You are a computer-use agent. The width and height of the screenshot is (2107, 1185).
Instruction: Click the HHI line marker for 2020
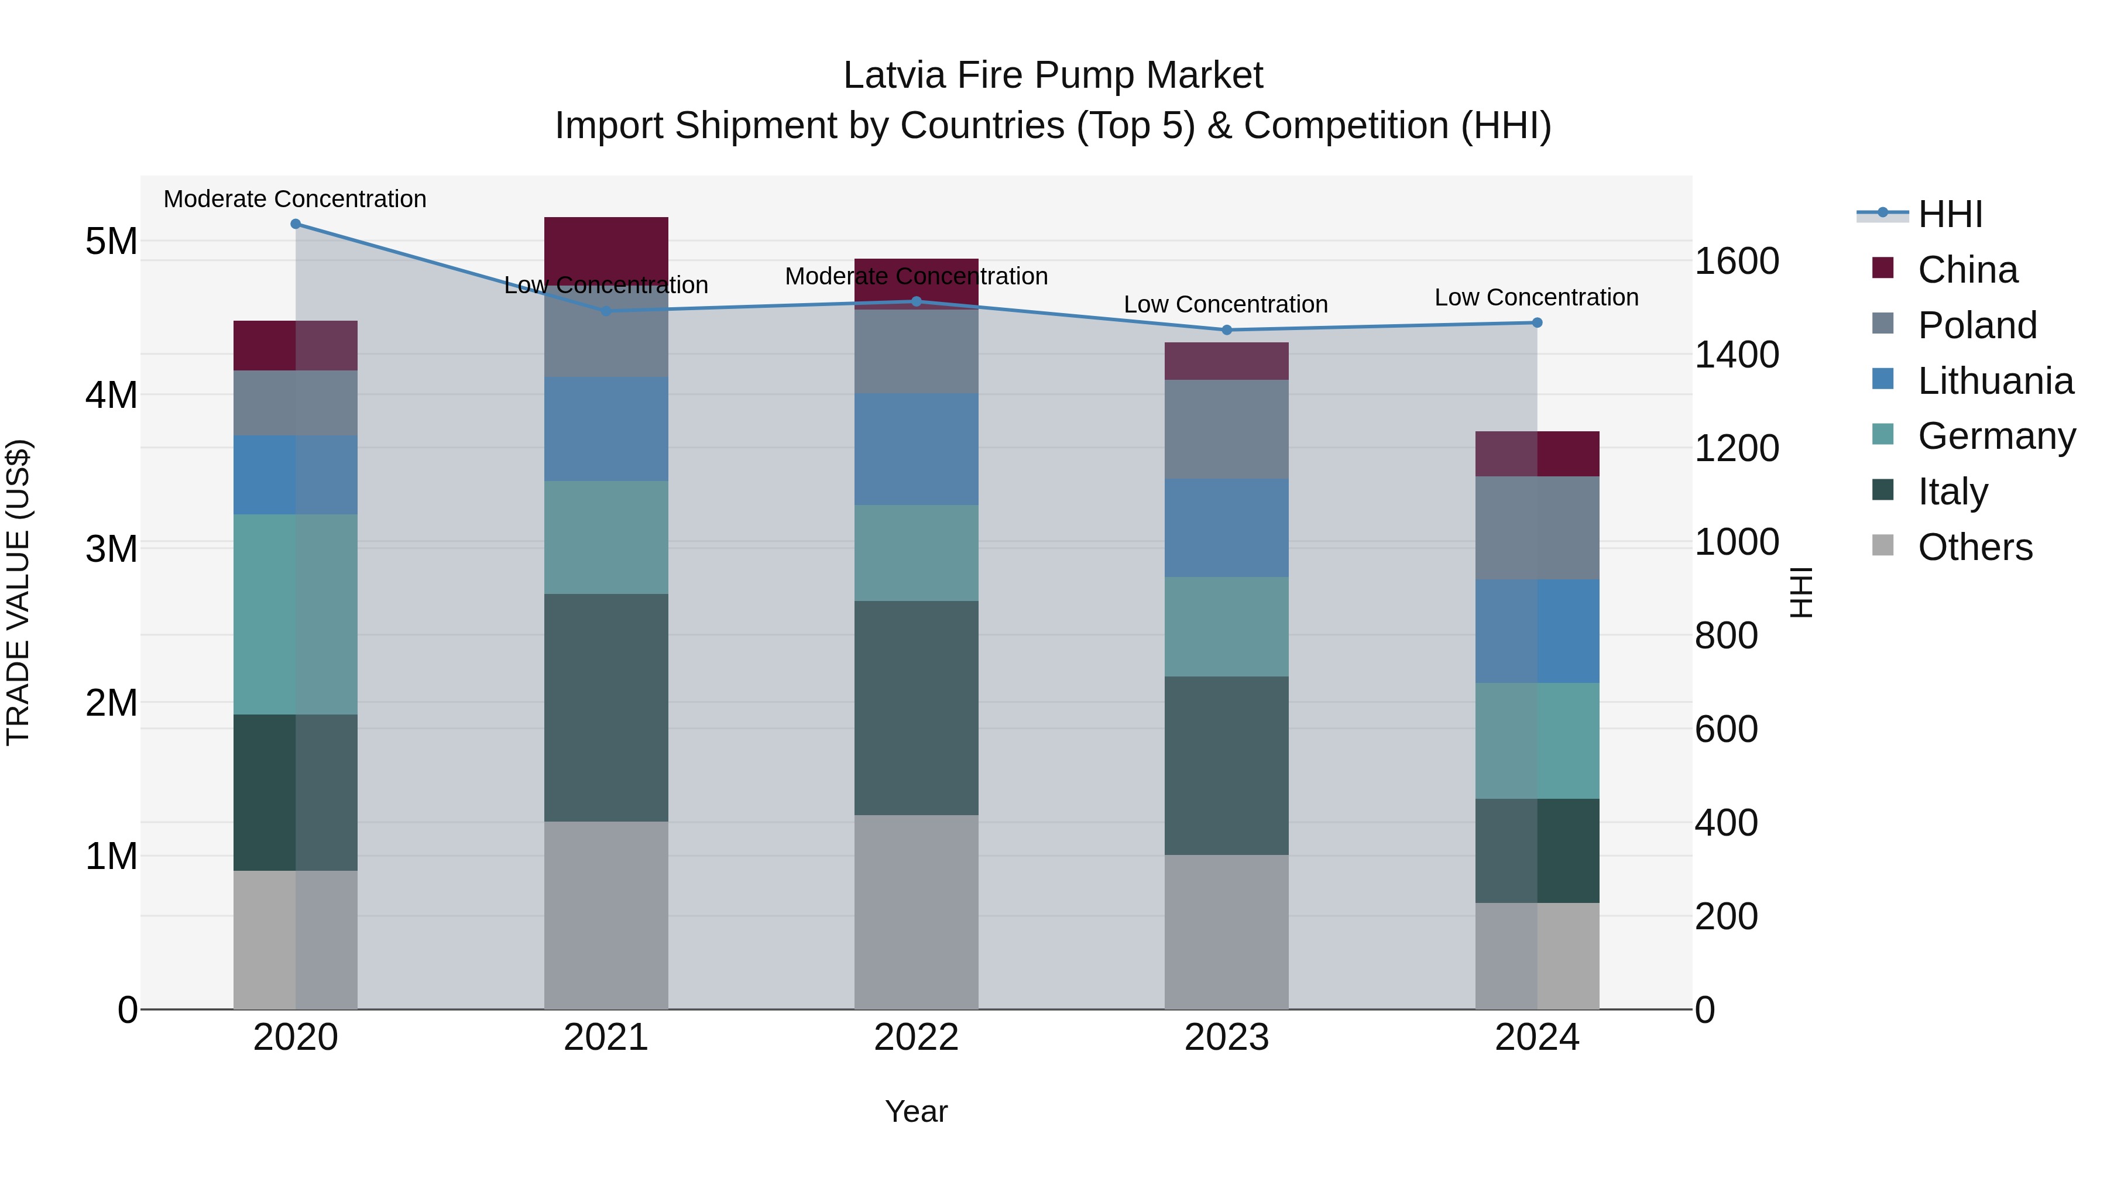point(296,224)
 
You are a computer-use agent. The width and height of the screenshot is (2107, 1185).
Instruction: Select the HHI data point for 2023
point(1226,331)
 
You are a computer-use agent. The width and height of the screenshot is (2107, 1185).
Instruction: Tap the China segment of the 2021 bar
point(606,245)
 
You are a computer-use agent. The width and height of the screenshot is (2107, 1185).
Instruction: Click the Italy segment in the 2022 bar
point(916,707)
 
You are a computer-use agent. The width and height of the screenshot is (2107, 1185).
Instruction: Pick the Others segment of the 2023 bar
point(1226,932)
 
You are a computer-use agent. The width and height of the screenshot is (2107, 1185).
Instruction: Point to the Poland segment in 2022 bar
point(916,352)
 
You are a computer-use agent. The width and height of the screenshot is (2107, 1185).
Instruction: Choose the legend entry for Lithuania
point(1995,381)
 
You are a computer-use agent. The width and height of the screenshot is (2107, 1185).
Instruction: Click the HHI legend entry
point(1950,214)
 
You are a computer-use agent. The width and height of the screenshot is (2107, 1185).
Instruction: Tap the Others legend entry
point(1975,547)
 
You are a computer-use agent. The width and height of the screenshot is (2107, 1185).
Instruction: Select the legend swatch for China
point(1883,268)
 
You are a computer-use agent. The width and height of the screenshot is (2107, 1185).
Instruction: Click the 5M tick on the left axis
point(111,241)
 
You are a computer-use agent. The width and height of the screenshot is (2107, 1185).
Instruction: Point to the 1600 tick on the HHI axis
point(1737,262)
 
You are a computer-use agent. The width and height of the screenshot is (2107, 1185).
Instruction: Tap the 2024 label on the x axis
point(1536,1038)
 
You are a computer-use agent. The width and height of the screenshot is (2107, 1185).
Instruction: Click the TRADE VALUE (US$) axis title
point(18,592)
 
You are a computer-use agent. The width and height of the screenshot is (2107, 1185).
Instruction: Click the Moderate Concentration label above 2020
point(296,199)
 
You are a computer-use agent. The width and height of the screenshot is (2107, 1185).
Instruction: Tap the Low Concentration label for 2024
point(1536,298)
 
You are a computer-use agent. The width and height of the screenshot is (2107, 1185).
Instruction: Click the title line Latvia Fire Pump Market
point(1053,75)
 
